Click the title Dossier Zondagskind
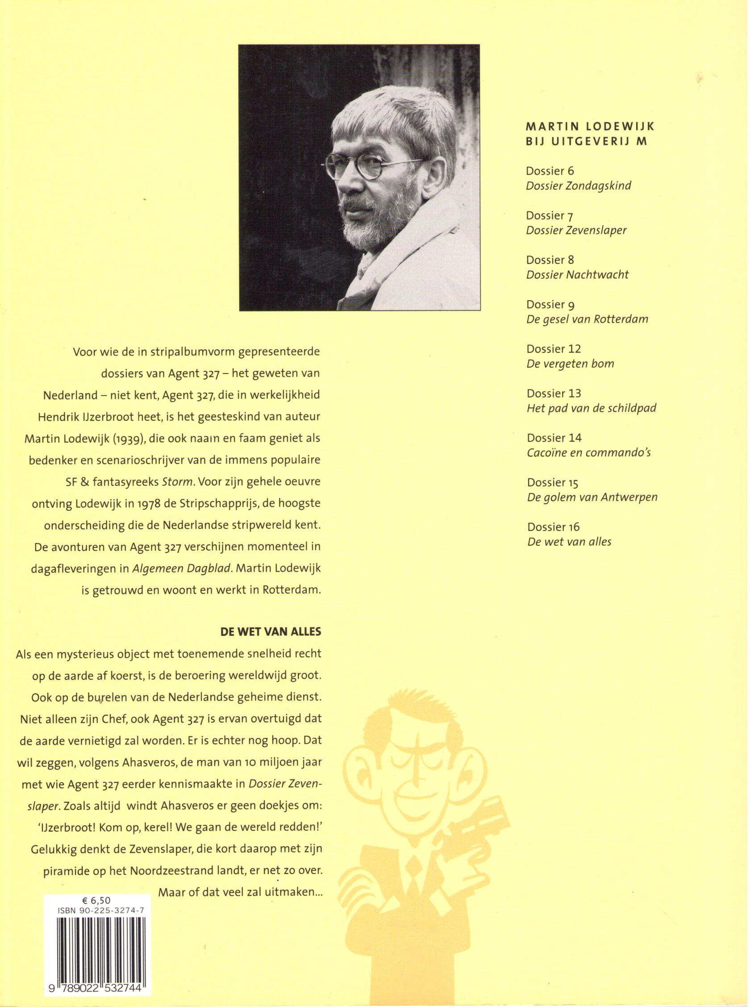(579, 186)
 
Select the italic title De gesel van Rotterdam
(587, 319)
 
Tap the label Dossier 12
(554, 349)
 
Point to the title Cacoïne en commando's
(589, 453)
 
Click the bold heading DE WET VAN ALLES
(271, 631)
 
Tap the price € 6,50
(97, 900)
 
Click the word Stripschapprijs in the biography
(211, 503)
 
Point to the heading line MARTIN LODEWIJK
(590, 127)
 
